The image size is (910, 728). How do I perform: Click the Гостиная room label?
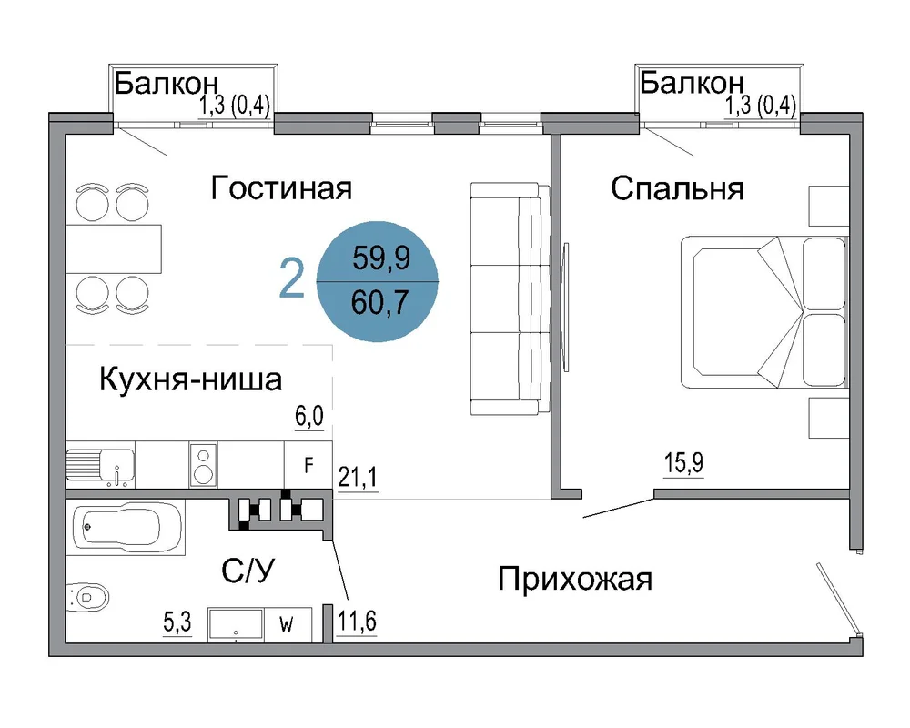tap(281, 188)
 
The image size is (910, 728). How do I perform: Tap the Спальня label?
tap(677, 189)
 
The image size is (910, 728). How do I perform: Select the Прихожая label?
tap(575, 580)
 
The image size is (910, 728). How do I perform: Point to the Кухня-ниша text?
tap(191, 379)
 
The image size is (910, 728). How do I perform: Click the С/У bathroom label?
tap(248, 571)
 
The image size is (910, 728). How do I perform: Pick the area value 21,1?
tap(358, 477)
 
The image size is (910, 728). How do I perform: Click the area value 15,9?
tap(683, 463)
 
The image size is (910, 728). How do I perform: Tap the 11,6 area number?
tap(357, 622)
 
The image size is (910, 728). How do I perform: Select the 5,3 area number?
tap(177, 622)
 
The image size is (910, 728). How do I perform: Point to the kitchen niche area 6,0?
tap(309, 416)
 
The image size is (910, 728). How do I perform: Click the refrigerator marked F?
tap(308, 464)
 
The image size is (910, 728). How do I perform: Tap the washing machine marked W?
tap(288, 625)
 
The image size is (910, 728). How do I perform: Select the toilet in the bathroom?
tap(87, 596)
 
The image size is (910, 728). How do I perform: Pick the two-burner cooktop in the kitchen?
tap(203, 464)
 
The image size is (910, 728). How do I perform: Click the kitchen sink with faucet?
tap(100, 464)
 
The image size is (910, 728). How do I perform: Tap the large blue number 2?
tap(291, 278)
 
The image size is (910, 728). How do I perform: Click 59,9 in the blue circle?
tap(381, 258)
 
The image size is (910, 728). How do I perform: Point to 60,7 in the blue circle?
tap(380, 302)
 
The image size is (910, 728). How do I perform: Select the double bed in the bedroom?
tap(763, 312)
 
